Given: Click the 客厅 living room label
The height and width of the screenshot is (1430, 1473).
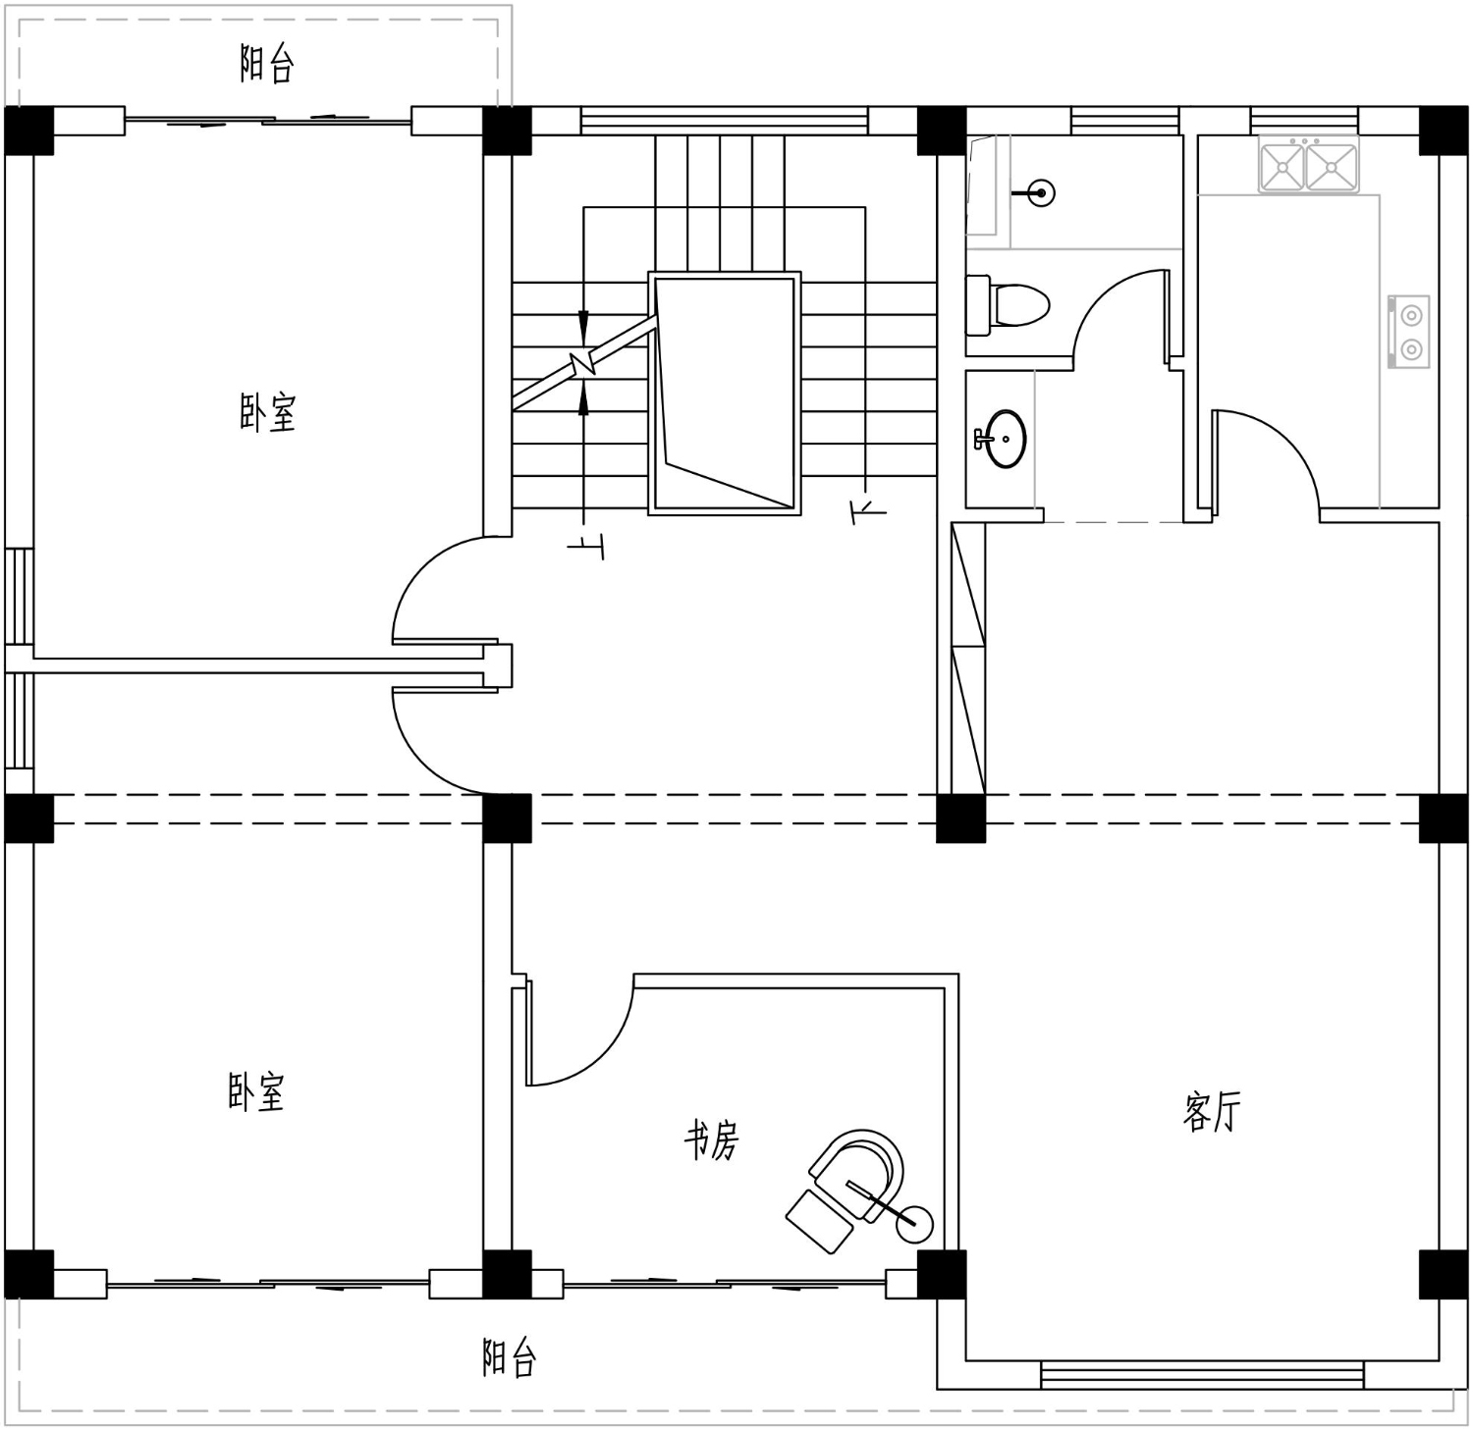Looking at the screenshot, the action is click(x=1212, y=1112).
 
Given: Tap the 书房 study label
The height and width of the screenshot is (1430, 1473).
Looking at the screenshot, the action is click(x=711, y=1139).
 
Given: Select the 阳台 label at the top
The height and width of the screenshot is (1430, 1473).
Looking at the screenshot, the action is click(x=267, y=64).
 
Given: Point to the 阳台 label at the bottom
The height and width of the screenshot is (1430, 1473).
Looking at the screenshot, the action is click(x=510, y=1357).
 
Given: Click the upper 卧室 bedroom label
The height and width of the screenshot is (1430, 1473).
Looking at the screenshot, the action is click(x=267, y=412).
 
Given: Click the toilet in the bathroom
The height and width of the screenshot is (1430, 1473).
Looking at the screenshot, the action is click(x=1008, y=304).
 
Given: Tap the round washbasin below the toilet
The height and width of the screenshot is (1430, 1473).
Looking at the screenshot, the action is click(x=1001, y=438).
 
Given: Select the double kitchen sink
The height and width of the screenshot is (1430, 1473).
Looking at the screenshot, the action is click(x=1309, y=165).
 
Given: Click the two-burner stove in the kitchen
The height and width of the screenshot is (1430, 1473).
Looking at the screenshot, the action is click(x=1409, y=332).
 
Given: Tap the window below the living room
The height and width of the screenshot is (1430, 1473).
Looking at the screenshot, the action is click(x=1202, y=1375).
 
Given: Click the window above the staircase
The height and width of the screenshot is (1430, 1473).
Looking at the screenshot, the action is click(x=725, y=121).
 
